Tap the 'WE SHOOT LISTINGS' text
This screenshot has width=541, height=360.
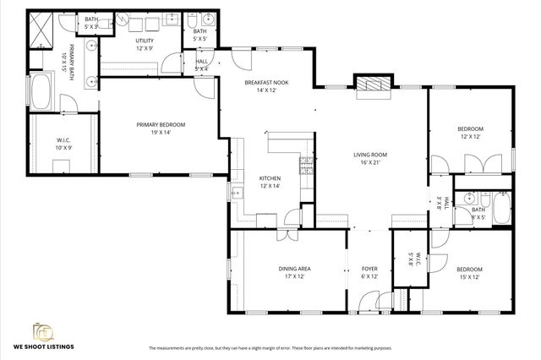click(42, 346)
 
